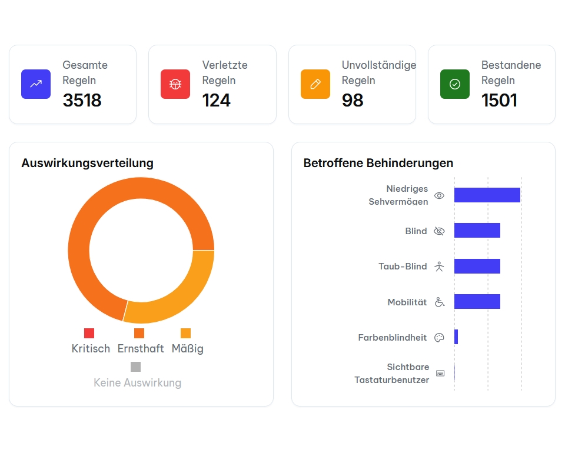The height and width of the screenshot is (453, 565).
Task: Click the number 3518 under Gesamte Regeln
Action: point(82,101)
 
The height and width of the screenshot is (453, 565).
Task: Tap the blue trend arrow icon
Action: point(36,84)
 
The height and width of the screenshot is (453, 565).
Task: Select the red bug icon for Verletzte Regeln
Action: point(175,84)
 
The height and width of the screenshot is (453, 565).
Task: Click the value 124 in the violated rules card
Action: point(216,101)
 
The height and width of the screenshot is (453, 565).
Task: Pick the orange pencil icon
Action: point(315,84)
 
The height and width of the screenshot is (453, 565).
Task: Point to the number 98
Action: point(353,101)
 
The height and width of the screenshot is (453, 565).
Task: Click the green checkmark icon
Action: point(454,84)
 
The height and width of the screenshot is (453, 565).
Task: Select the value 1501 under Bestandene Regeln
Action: point(499,101)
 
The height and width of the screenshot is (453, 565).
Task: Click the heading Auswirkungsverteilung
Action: point(87,163)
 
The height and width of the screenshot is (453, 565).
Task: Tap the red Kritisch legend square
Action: point(89,334)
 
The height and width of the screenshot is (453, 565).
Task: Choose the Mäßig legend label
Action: point(187,349)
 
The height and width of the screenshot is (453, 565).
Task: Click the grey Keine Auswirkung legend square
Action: point(136,367)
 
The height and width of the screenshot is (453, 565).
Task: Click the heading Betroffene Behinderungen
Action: point(378,163)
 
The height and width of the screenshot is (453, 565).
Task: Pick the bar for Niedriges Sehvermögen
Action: point(487,195)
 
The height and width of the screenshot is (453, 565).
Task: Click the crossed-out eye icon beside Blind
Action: point(439,231)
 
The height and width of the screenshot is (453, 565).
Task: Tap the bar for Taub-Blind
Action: point(477,267)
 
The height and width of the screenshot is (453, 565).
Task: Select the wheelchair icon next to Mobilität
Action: point(440,302)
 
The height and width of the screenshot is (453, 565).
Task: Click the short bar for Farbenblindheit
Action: point(456,337)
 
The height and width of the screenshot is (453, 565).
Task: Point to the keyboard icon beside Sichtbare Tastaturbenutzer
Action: point(440,373)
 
